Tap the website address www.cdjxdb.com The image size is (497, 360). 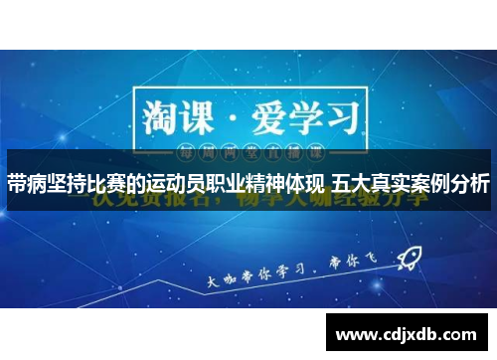tap(408, 331)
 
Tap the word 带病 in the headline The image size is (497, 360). tap(27, 184)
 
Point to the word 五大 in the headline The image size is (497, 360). tap(351, 184)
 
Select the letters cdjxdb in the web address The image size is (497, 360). tap(409, 331)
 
